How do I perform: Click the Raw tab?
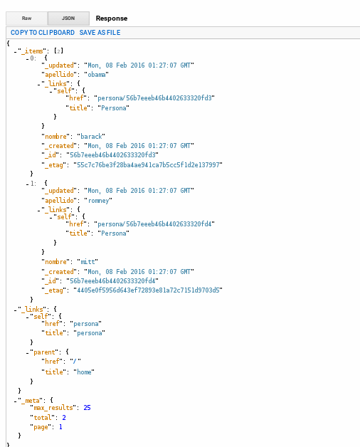[x=26, y=19]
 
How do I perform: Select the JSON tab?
[x=68, y=19]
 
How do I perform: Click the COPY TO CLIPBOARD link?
[x=43, y=33]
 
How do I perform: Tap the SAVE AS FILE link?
[x=100, y=33]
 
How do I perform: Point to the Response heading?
[x=112, y=19]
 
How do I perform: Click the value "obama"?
[x=96, y=75]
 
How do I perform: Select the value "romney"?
[x=98, y=201]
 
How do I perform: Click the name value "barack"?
[x=91, y=136]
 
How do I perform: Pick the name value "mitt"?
[x=88, y=261]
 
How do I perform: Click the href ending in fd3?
[x=154, y=98]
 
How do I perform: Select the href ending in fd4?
[x=154, y=223]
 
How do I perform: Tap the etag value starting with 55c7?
[x=148, y=164]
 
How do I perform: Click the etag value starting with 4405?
[x=148, y=290]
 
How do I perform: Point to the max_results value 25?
[x=87, y=408]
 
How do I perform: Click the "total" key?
[x=43, y=418]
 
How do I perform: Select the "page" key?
[x=41, y=427]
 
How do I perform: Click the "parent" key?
[x=44, y=352]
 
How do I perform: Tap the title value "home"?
[x=84, y=372]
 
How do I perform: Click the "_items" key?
[x=32, y=51]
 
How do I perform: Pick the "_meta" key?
[x=30, y=401]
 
